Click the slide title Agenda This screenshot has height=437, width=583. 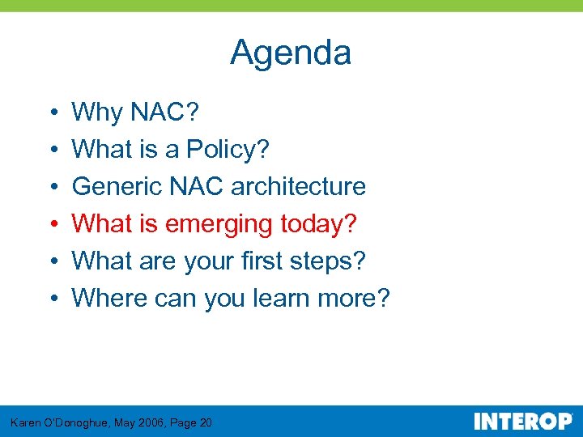pyautogui.click(x=291, y=53)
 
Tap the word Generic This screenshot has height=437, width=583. pyautogui.click(x=117, y=186)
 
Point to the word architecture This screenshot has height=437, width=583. pyautogui.click(x=298, y=186)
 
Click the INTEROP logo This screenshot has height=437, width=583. pyautogui.click(x=522, y=421)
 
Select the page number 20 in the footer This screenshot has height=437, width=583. pyautogui.click(x=205, y=422)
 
